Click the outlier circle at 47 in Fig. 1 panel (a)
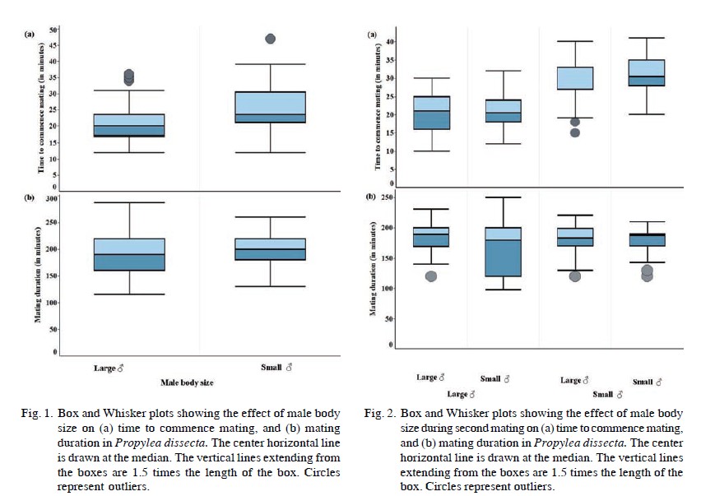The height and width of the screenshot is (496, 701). click(x=270, y=39)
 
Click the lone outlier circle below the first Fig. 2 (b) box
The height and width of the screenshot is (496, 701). click(x=430, y=276)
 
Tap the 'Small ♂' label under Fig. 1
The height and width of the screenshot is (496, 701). click(x=276, y=368)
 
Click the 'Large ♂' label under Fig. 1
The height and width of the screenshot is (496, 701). click(x=108, y=369)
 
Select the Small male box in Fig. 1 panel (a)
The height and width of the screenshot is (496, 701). click(x=270, y=107)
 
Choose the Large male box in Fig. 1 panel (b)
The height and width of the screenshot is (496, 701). click(x=129, y=255)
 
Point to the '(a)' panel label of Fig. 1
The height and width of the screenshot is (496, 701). click(x=29, y=34)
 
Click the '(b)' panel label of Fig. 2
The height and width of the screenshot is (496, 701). click(x=372, y=197)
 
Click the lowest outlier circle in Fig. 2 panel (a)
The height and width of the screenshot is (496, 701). click(x=575, y=132)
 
